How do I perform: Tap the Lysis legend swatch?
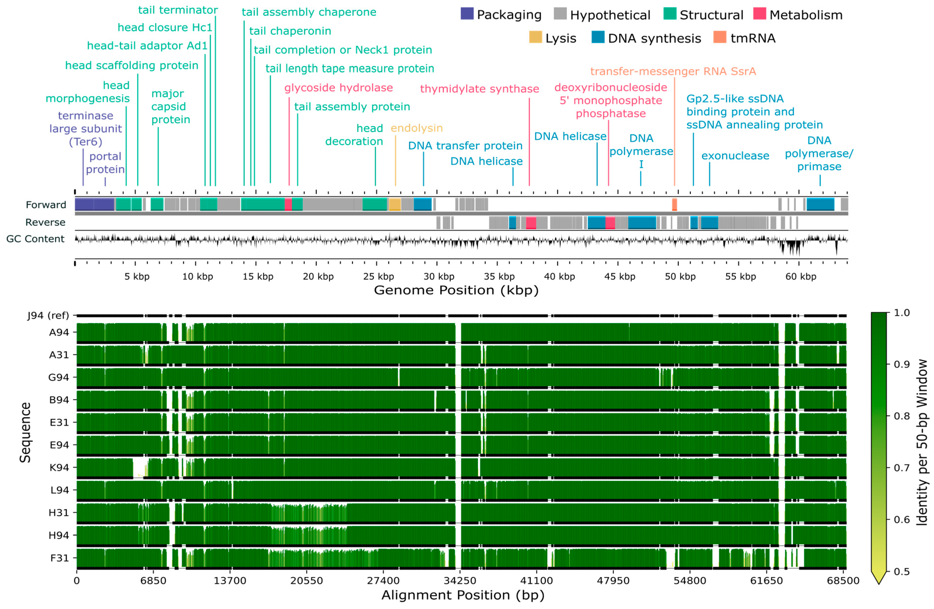tap(535, 37)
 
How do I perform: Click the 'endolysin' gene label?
tap(416, 128)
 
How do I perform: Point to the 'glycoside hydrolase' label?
tap(338, 87)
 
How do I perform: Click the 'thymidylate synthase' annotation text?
tap(479, 89)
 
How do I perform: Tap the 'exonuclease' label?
tap(735, 156)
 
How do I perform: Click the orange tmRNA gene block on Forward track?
tap(674, 204)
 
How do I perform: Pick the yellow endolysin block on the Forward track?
tap(394, 204)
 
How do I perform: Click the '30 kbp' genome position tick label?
tap(438, 277)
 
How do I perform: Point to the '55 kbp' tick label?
tap(740, 277)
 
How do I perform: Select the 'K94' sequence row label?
tap(59, 467)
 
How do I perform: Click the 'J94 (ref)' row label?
tap(48, 315)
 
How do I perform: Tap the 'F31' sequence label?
tap(59, 557)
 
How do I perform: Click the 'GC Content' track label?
tap(35, 239)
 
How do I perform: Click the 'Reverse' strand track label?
tap(45, 222)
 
